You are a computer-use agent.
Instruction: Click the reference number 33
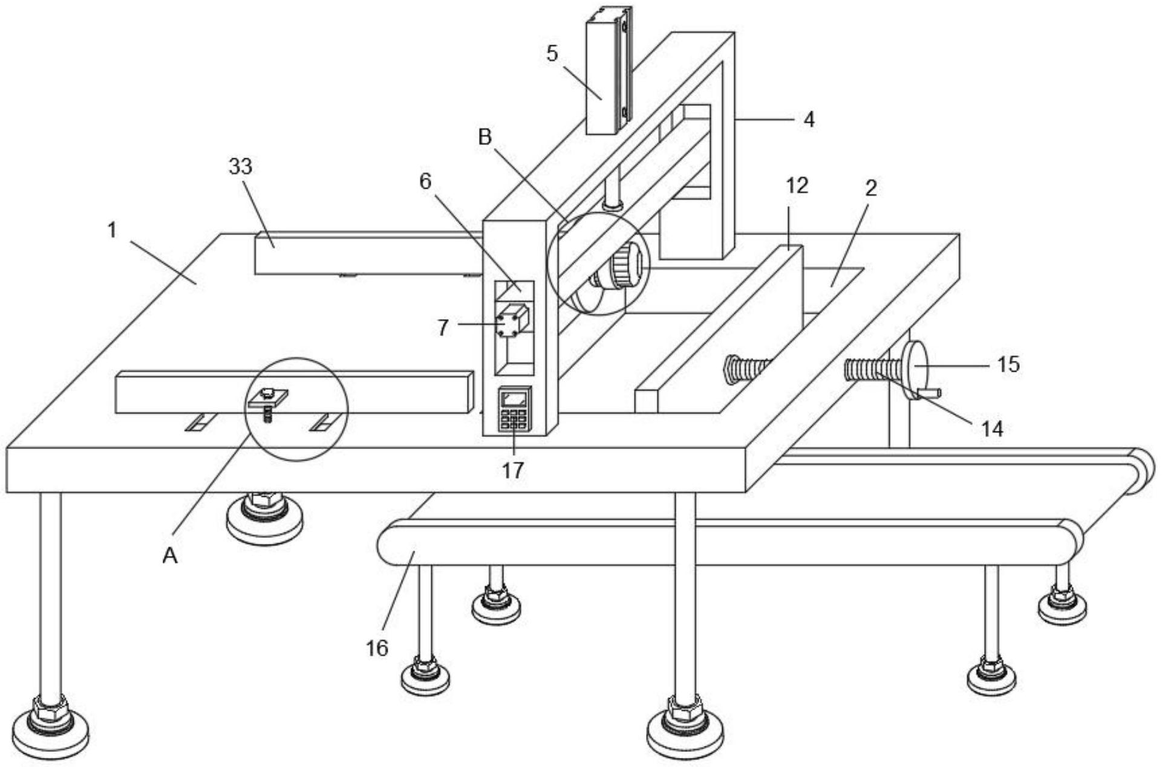point(240,166)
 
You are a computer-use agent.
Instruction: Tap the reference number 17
point(512,470)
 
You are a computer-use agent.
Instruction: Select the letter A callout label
point(170,555)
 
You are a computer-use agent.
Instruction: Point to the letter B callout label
point(485,138)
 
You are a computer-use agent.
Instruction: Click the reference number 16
point(376,648)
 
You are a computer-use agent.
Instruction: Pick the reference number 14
point(992,429)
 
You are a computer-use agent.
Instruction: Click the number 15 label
point(1008,364)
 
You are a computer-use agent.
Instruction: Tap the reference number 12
point(797,186)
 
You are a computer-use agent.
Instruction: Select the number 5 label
point(552,54)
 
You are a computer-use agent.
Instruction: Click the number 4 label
point(809,119)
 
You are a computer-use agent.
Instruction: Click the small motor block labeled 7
point(512,321)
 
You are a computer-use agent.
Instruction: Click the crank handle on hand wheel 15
point(930,393)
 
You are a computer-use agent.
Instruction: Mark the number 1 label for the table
point(111,230)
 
